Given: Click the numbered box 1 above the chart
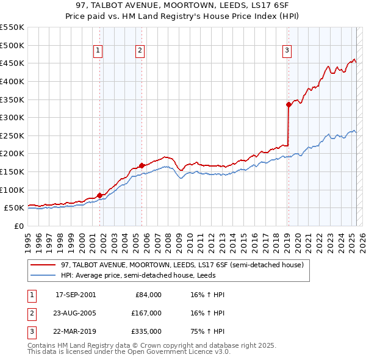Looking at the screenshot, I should [98, 51].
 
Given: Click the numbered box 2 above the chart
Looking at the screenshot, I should [140, 51].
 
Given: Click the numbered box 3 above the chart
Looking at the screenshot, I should [287, 51].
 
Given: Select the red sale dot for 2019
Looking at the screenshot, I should [289, 104].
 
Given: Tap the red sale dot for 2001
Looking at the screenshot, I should [100, 195].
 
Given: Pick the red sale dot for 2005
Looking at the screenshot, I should [142, 165].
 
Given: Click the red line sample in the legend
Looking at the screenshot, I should [43, 265].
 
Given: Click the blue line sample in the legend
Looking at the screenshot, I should [43, 275].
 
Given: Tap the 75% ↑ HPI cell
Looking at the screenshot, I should [207, 332].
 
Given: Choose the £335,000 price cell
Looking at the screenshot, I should [146, 332].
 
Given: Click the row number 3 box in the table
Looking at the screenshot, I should [30, 332].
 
